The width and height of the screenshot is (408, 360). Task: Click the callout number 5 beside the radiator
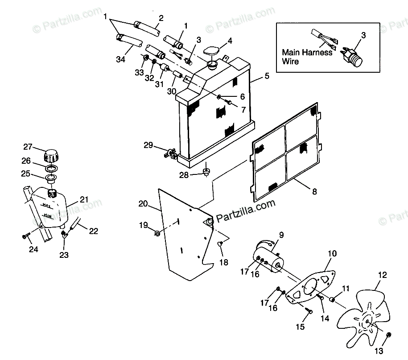(x=267, y=76)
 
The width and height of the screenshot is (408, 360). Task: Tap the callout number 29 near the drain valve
(x=148, y=145)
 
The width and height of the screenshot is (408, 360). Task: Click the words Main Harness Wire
(x=307, y=57)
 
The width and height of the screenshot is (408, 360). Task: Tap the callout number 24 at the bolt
(x=33, y=249)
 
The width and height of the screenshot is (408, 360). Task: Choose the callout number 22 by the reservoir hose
(x=93, y=231)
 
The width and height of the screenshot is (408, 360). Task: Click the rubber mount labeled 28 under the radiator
(x=206, y=172)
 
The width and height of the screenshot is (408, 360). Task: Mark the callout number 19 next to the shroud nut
(x=143, y=226)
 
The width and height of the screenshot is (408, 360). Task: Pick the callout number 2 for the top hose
(x=161, y=18)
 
